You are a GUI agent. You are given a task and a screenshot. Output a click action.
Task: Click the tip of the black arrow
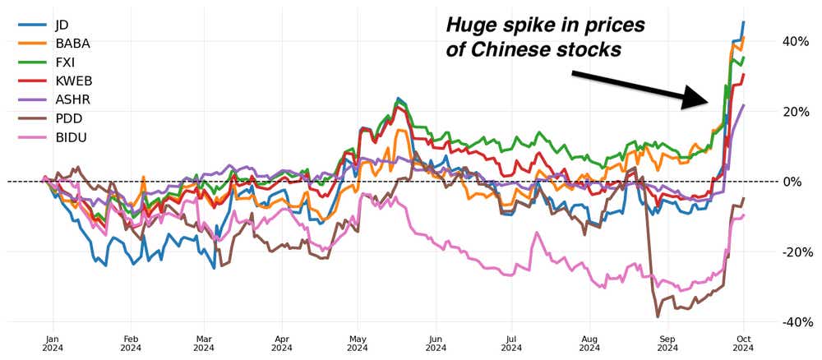pyautogui.click(x=708, y=102)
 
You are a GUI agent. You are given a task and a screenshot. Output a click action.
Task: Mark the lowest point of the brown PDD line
pyautogui.click(x=658, y=316)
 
